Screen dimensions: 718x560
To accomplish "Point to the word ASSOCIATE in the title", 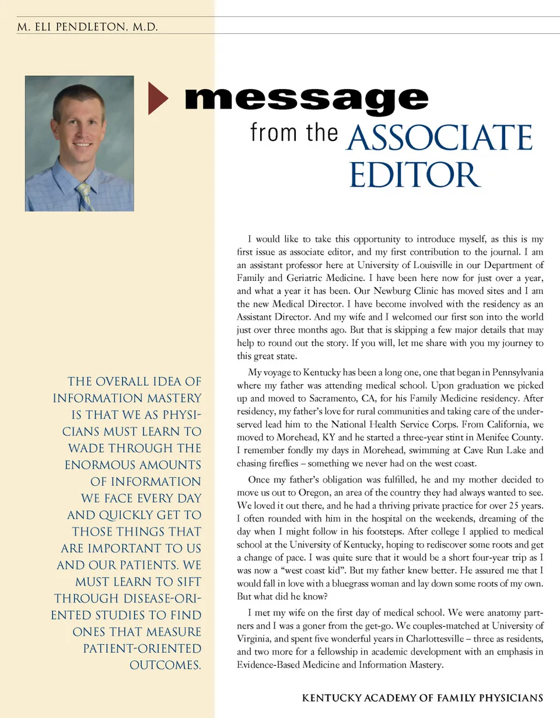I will (439, 138).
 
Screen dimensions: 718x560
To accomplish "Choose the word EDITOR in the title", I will (415, 174).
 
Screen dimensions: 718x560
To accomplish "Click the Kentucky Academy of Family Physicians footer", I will (423, 698).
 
